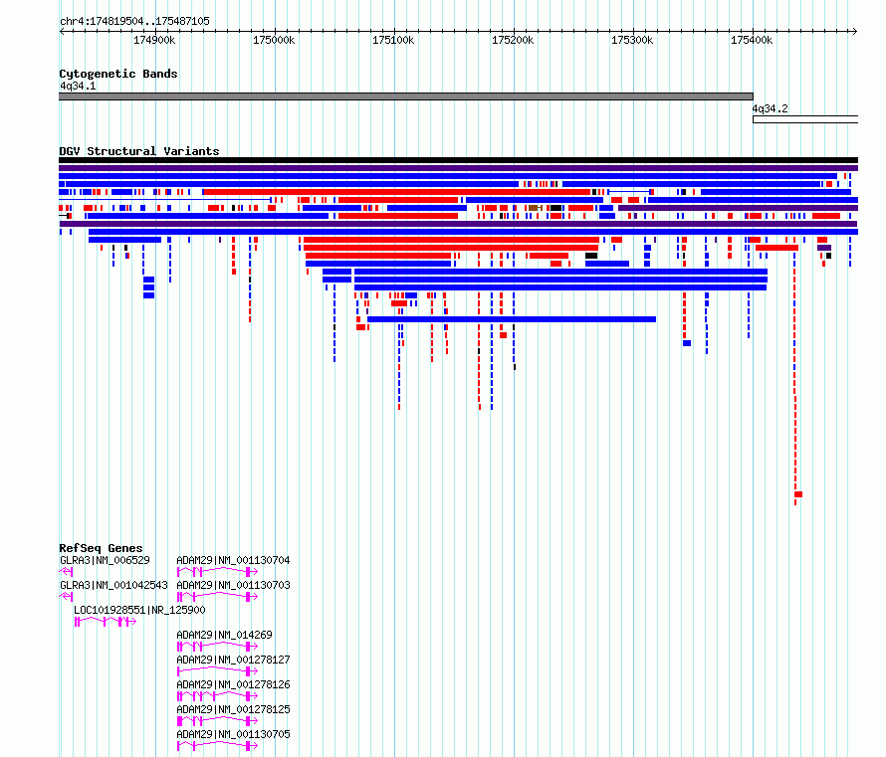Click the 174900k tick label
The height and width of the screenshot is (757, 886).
(154, 40)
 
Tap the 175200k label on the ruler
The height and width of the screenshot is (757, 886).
(513, 40)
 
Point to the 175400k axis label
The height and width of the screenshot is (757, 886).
(752, 40)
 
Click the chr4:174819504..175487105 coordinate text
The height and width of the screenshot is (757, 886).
(134, 21)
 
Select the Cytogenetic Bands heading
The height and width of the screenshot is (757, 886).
(118, 74)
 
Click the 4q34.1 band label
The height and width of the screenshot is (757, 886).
(78, 86)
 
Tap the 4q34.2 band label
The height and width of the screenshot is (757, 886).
(770, 108)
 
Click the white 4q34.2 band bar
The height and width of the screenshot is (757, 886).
(805, 119)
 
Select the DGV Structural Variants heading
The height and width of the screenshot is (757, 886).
(139, 151)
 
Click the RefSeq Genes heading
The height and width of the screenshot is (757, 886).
(101, 548)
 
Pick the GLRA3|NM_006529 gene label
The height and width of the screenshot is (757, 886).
(106, 560)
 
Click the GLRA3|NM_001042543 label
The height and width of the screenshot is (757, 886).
(114, 585)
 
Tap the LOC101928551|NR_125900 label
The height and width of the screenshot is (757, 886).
(139, 610)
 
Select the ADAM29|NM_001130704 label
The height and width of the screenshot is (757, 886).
(233, 560)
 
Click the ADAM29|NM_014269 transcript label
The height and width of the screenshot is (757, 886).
(224, 635)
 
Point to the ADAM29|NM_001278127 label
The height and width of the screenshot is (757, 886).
(233, 660)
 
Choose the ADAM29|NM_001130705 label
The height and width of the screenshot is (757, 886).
(233, 734)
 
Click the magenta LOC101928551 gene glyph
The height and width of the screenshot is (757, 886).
(106, 622)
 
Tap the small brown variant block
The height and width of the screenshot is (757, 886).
(534, 208)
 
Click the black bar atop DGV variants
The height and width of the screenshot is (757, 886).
(458, 160)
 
